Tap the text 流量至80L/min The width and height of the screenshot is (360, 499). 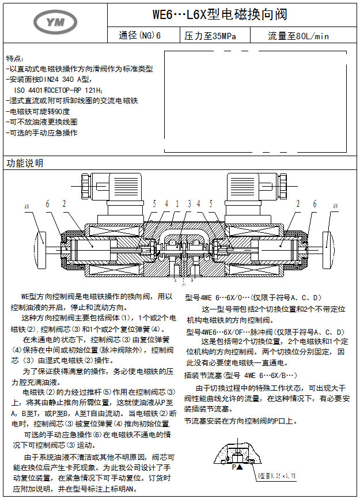point(298,36)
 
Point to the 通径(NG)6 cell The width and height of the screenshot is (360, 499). point(140,36)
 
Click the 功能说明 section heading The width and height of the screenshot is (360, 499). point(25,163)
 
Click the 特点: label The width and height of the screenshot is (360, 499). point(15,59)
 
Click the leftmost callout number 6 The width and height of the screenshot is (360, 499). point(48,203)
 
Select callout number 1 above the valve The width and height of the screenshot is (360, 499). point(177,203)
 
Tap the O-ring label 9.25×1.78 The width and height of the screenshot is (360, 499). point(284,476)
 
